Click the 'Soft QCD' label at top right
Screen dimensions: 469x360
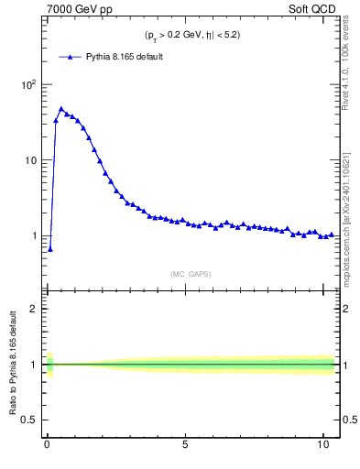314,10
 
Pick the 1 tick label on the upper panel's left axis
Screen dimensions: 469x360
33,236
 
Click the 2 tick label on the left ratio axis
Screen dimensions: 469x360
33,309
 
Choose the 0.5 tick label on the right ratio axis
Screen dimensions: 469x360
351,420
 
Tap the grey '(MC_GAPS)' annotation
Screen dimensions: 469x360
191,273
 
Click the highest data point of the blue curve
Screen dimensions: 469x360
61,109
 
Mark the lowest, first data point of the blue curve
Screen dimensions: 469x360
50,248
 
